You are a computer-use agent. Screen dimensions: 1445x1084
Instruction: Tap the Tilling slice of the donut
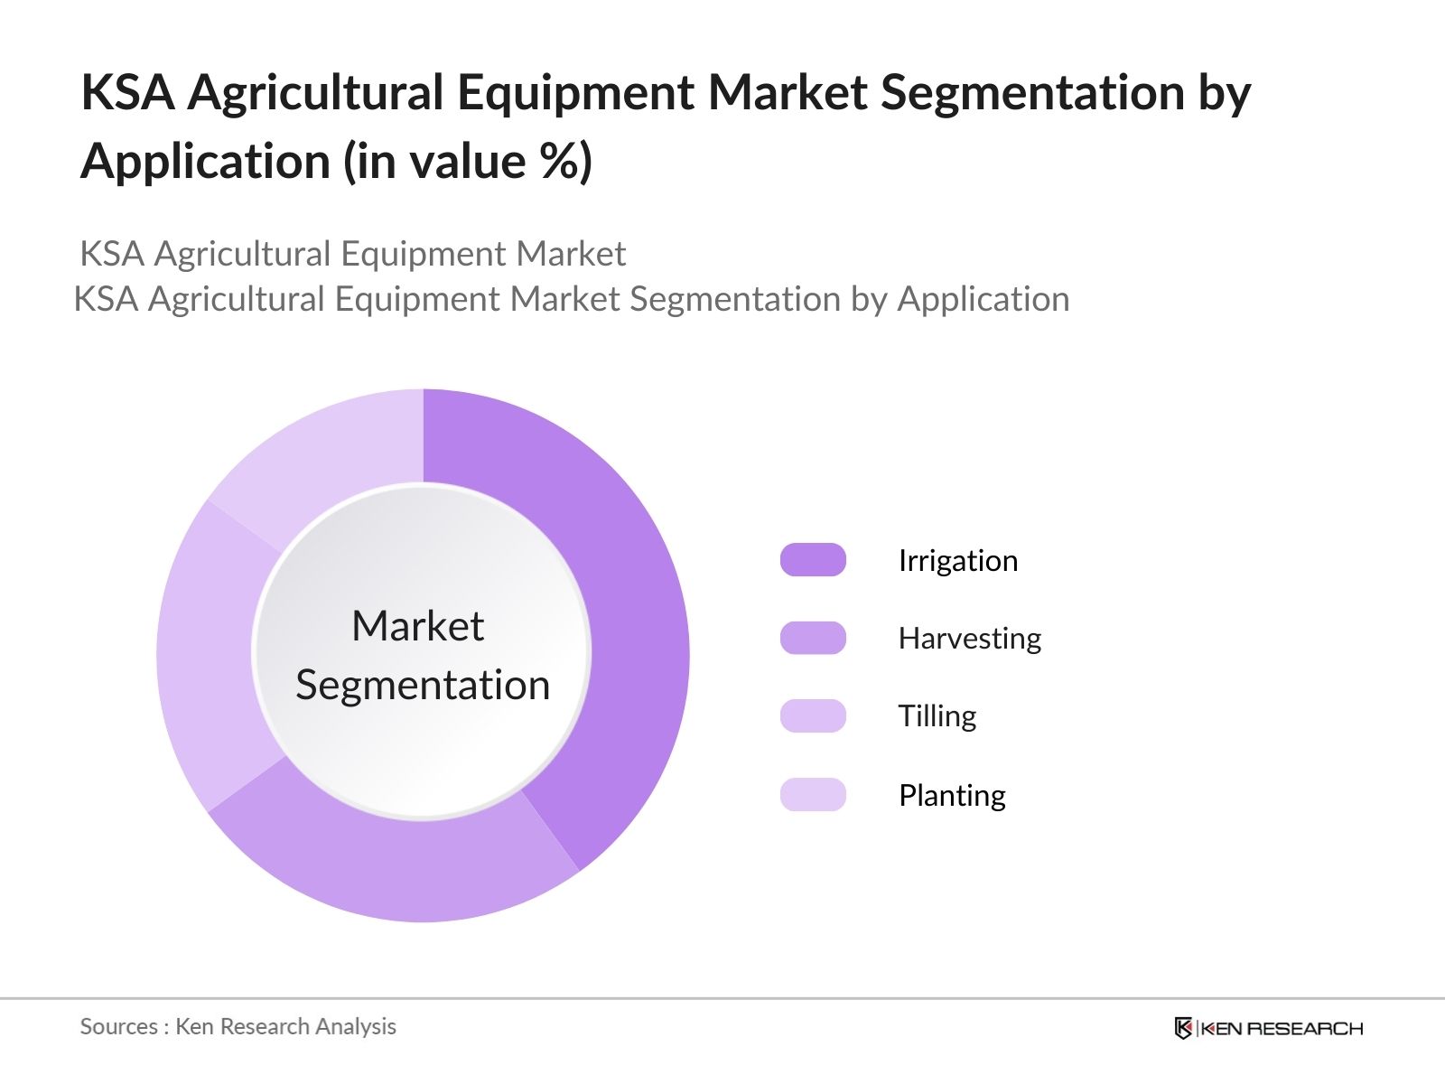pyautogui.click(x=210, y=659)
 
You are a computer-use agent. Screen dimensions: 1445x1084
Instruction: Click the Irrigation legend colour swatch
pyautogui.click(x=813, y=560)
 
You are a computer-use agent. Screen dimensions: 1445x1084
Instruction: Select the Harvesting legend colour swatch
pyautogui.click(x=813, y=638)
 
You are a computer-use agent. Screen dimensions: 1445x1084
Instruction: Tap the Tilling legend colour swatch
pyautogui.click(x=813, y=716)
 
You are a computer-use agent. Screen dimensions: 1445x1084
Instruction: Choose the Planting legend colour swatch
pyautogui.click(x=813, y=794)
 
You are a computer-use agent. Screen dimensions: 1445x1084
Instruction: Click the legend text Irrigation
pyautogui.click(x=958, y=561)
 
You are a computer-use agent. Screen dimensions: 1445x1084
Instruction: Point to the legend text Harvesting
pyautogui.click(x=970, y=639)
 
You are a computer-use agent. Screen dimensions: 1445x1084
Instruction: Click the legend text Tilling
pyautogui.click(x=937, y=716)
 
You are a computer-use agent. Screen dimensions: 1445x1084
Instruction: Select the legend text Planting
pyautogui.click(x=953, y=796)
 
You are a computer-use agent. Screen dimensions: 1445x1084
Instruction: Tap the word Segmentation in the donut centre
pyautogui.click(x=423, y=686)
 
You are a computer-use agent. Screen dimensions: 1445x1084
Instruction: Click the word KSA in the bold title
pyautogui.click(x=127, y=92)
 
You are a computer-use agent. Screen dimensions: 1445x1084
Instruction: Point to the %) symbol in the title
pyautogui.click(x=566, y=161)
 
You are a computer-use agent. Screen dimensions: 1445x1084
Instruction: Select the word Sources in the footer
pyautogui.click(x=119, y=1027)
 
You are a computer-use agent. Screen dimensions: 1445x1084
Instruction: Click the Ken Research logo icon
pyautogui.click(x=1183, y=1028)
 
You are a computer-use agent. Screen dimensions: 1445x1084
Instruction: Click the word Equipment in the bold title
pyautogui.click(x=575, y=93)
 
